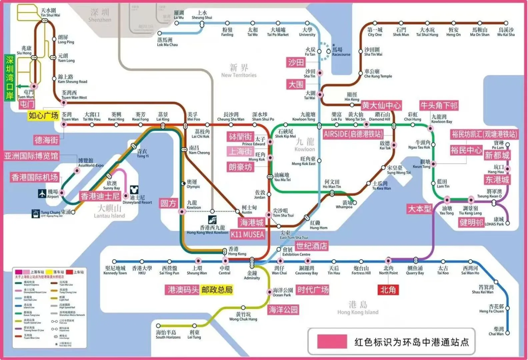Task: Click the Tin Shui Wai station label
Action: point(50,13)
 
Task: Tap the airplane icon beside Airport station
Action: point(42,193)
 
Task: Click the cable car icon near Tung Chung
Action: point(35,213)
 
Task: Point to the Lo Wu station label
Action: point(179,15)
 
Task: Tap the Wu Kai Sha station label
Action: point(506,32)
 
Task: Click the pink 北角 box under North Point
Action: point(388,290)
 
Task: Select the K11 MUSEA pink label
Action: point(247,234)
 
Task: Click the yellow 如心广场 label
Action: point(43,115)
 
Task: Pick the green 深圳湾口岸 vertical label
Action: point(10,78)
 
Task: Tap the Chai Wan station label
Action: point(496,331)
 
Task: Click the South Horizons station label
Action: point(168,334)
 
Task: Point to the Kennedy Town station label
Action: point(115,270)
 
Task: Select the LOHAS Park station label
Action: point(494,222)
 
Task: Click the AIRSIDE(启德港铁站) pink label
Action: point(353,134)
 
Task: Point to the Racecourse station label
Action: point(341,52)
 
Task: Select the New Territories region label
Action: point(239,71)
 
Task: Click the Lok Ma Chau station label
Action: point(167,42)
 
